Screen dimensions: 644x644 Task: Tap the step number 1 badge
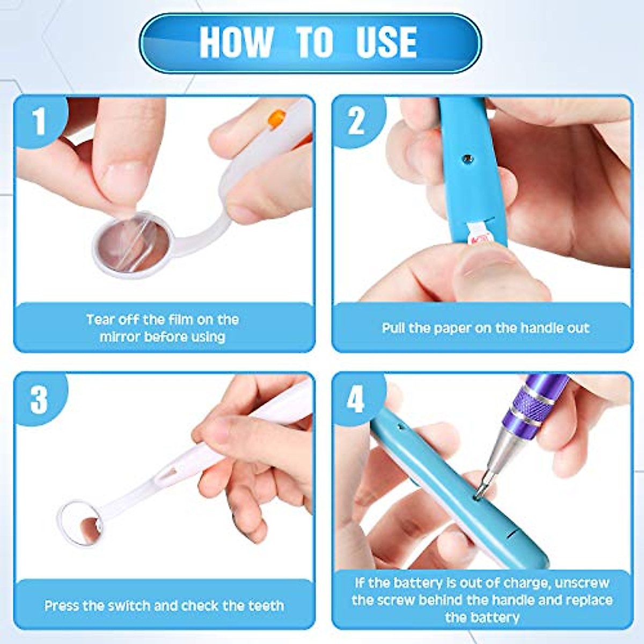[39, 121]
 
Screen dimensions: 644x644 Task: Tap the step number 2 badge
[357, 121]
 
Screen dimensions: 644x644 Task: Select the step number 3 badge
[39, 399]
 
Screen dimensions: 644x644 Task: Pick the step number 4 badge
[356, 399]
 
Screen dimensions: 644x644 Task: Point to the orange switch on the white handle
[277, 118]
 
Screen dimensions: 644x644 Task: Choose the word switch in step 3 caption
[129, 606]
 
